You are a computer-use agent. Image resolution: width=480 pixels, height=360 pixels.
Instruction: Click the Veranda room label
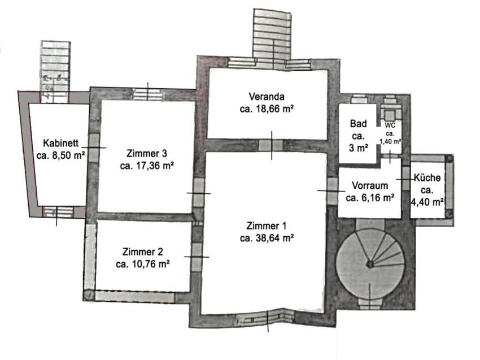tap(267, 97)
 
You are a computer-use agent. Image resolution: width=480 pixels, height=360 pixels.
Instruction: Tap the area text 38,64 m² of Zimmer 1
tap(274, 238)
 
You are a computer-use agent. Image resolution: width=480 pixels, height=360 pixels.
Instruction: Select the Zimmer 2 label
tap(143, 252)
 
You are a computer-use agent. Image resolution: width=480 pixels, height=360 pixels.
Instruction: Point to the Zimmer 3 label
tap(147, 153)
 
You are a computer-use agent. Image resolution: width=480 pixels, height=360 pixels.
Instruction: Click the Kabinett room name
tap(60, 143)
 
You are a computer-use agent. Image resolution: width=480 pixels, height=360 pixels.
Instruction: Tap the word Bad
tap(358, 124)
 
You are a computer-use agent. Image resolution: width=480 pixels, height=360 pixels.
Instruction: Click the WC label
tap(390, 125)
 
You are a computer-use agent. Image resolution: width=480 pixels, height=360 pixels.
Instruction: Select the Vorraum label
tap(370, 186)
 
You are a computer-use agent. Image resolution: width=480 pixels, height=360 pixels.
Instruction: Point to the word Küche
tap(427, 177)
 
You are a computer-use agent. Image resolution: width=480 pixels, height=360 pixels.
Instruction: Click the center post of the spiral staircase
tap(370, 264)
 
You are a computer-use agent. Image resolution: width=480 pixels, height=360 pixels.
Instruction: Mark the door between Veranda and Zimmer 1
tap(270, 145)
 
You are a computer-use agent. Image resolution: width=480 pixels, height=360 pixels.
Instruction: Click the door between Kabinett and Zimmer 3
tap(94, 148)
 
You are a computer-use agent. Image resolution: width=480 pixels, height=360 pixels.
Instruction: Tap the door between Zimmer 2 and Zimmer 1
tap(197, 257)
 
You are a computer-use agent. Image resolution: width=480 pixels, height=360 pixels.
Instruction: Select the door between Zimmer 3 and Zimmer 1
tap(199, 193)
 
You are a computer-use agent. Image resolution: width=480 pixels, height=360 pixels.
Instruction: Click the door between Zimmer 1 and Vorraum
tap(332, 192)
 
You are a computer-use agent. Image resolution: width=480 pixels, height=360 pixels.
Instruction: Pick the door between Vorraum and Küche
tap(405, 179)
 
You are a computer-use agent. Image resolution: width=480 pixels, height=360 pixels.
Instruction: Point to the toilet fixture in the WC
tap(390, 114)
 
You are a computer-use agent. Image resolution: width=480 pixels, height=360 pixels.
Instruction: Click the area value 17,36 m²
tap(147, 166)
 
